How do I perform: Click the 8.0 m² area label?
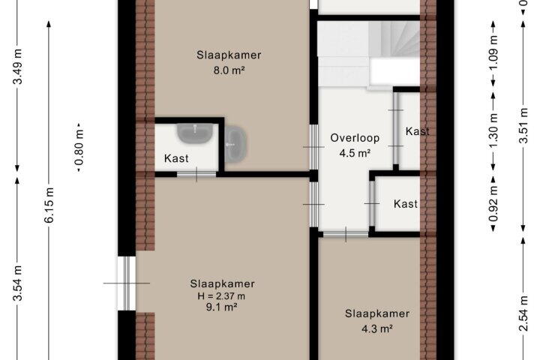[229, 70]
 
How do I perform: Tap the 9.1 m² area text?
[221, 307]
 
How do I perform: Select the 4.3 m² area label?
[377, 329]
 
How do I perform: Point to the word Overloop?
[355, 138]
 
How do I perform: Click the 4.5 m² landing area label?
[355, 153]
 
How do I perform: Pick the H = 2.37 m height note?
[221, 296]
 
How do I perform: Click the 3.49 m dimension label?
[17, 67]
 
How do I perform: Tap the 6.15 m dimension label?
[49, 205]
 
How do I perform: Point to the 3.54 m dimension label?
[17, 283]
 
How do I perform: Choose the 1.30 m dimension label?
[493, 130]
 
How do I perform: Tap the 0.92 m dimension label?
[493, 203]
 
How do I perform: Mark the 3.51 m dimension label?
[523, 125]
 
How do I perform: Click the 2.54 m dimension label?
[523, 313]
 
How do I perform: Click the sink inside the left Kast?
[194, 133]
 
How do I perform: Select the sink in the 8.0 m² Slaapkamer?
[236, 144]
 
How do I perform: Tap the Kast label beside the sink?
[176, 158]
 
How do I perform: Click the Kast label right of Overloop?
[418, 131]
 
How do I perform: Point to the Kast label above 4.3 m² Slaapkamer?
[406, 204]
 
